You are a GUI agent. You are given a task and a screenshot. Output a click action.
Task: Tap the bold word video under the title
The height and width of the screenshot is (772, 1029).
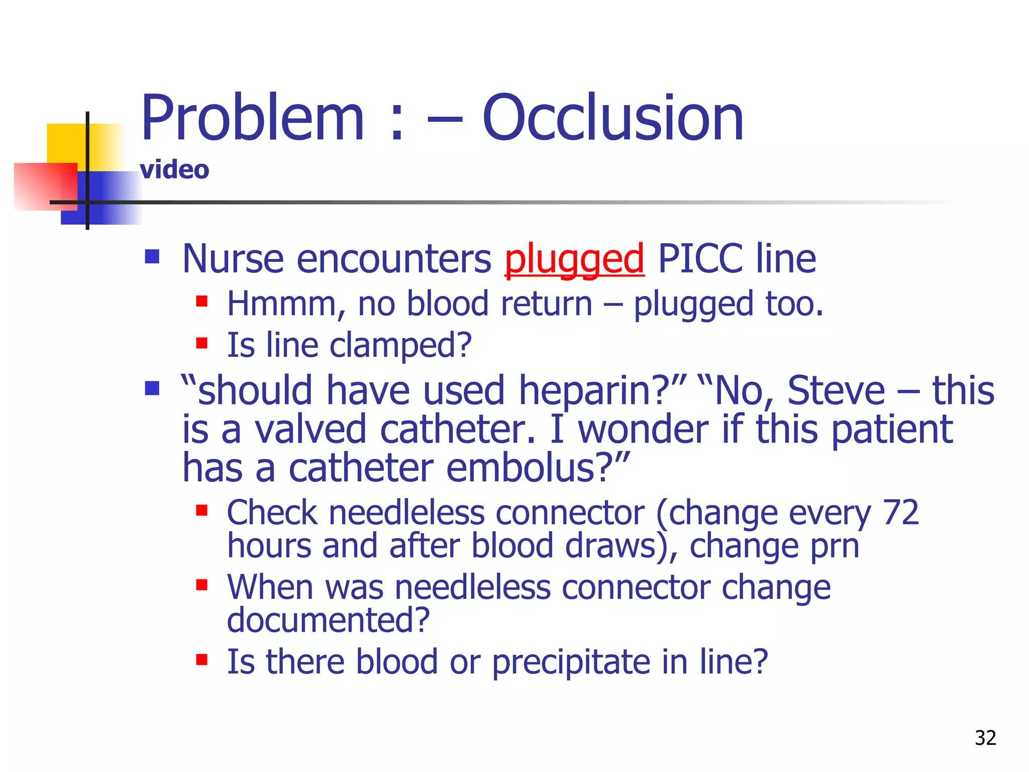click(174, 170)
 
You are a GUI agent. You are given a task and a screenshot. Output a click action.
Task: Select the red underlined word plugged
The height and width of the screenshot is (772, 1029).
click(574, 259)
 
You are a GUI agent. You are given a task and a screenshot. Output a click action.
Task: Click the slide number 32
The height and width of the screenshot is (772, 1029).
click(985, 738)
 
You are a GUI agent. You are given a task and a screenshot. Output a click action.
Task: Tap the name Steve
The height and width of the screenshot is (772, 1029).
click(836, 391)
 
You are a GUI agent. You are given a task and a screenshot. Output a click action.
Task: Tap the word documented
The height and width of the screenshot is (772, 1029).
click(328, 620)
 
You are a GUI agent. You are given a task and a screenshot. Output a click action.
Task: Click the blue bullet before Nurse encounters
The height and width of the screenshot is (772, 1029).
click(152, 257)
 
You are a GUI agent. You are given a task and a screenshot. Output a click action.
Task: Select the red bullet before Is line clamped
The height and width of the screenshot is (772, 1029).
click(202, 343)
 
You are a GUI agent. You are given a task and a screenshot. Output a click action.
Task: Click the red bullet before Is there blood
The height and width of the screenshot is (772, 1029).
click(202, 659)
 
